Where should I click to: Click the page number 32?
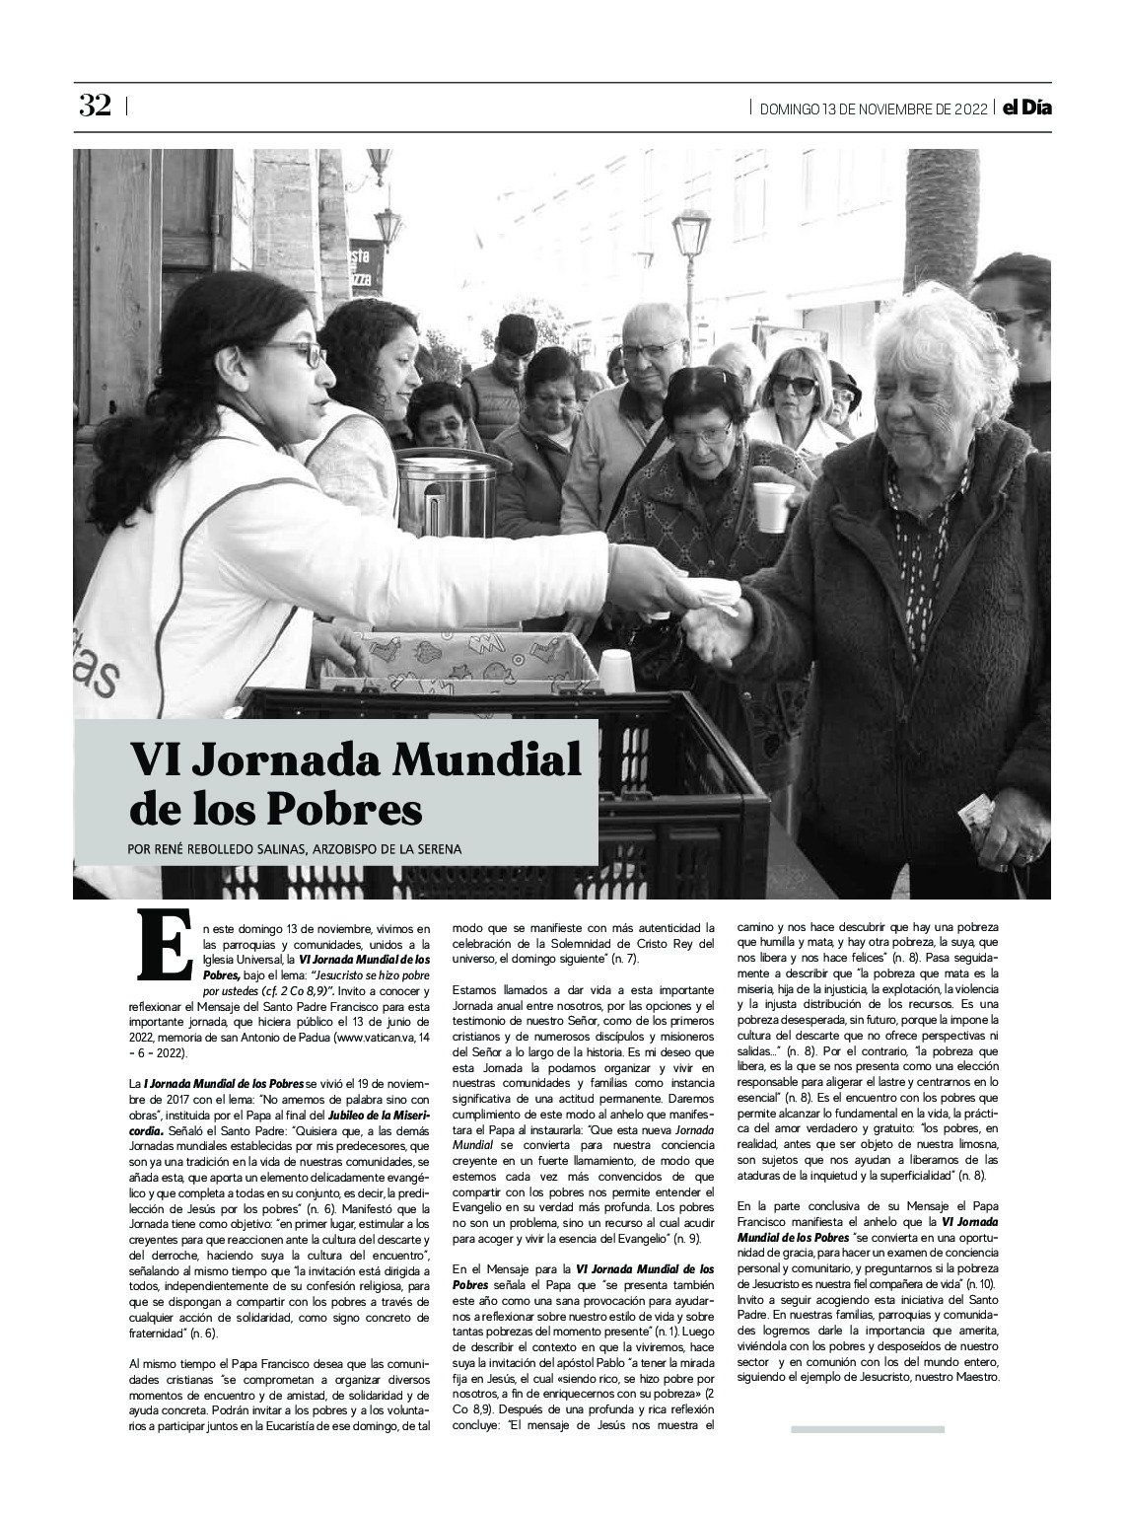tap(95, 107)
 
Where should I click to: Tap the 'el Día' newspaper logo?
tap(1027, 108)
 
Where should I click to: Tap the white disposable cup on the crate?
tap(616, 672)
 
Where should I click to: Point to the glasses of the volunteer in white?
tap(297, 354)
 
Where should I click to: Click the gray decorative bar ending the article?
tap(867, 1428)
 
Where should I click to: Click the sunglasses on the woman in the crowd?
tap(793, 384)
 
